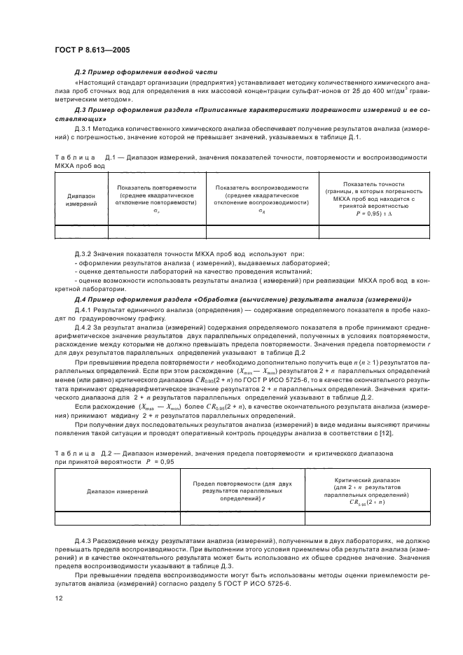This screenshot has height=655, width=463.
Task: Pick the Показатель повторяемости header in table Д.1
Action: (x=156, y=199)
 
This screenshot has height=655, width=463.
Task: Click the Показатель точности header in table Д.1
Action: (x=370, y=199)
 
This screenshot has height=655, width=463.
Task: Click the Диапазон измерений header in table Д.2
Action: (x=118, y=491)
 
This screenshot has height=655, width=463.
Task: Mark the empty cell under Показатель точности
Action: (x=370, y=231)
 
